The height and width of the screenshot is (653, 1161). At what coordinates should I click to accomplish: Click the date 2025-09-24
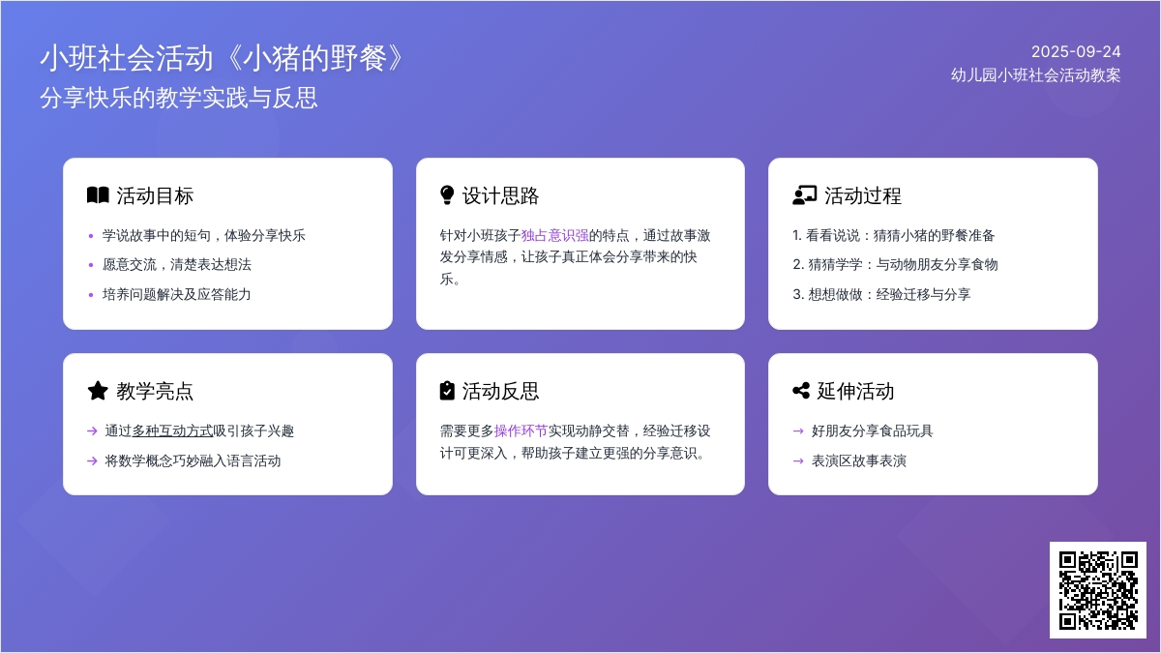(1076, 52)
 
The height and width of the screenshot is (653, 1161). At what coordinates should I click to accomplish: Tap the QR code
(1098, 590)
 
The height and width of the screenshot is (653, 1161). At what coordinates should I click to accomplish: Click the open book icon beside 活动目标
(98, 195)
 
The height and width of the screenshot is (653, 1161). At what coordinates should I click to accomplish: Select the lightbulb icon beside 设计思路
(447, 195)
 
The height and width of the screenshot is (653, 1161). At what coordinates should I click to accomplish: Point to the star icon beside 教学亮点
(98, 391)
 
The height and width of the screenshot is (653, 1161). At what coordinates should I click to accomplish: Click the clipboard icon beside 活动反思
(447, 391)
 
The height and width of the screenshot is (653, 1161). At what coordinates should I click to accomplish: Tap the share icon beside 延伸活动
(801, 391)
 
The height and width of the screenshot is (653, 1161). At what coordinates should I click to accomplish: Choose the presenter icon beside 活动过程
(804, 195)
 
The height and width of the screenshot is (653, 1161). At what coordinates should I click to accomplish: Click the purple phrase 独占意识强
(554, 235)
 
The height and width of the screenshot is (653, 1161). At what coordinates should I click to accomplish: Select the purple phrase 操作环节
(521, 430)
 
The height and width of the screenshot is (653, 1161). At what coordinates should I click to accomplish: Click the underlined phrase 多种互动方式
(172, 430)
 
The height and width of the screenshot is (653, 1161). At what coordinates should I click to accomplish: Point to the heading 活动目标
(155, 195)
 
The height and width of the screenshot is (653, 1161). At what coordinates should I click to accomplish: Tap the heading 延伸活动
(855, 391)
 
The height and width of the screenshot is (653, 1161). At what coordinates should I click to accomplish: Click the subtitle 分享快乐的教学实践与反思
(179, 98)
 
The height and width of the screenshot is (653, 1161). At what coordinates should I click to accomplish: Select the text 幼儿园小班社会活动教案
(1035, 75)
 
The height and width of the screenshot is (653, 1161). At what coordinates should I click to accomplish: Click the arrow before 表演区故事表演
(798, 460)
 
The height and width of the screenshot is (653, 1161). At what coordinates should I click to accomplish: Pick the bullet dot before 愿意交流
(91, 265)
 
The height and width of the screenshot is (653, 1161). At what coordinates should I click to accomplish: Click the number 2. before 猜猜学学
(798, 265)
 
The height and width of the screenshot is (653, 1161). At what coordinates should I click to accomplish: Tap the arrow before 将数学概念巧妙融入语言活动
(92, 460)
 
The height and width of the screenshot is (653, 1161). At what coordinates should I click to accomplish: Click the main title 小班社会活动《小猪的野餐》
(223, 57)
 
